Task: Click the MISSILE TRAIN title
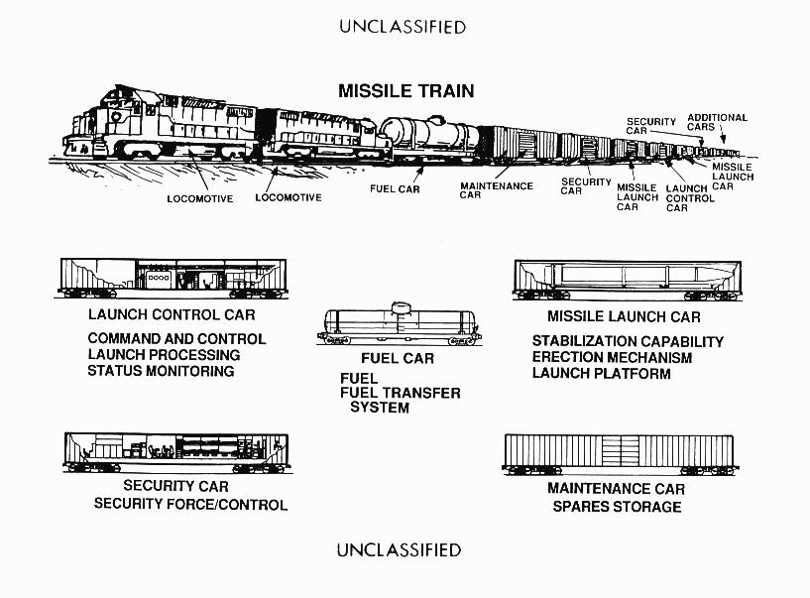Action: pos(405,91)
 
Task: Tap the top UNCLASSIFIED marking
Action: pos(403,27)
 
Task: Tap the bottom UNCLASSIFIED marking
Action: pos(399,549)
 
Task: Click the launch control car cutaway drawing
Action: pos(172,278)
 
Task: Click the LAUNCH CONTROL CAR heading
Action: pos(172,315)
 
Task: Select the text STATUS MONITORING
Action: pos(162,371)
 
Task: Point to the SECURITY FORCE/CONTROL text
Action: pos(190,504)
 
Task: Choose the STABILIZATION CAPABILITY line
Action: pos(628,341)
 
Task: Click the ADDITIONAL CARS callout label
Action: pos(717,122)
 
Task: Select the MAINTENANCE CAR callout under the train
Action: pos(496,190)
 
